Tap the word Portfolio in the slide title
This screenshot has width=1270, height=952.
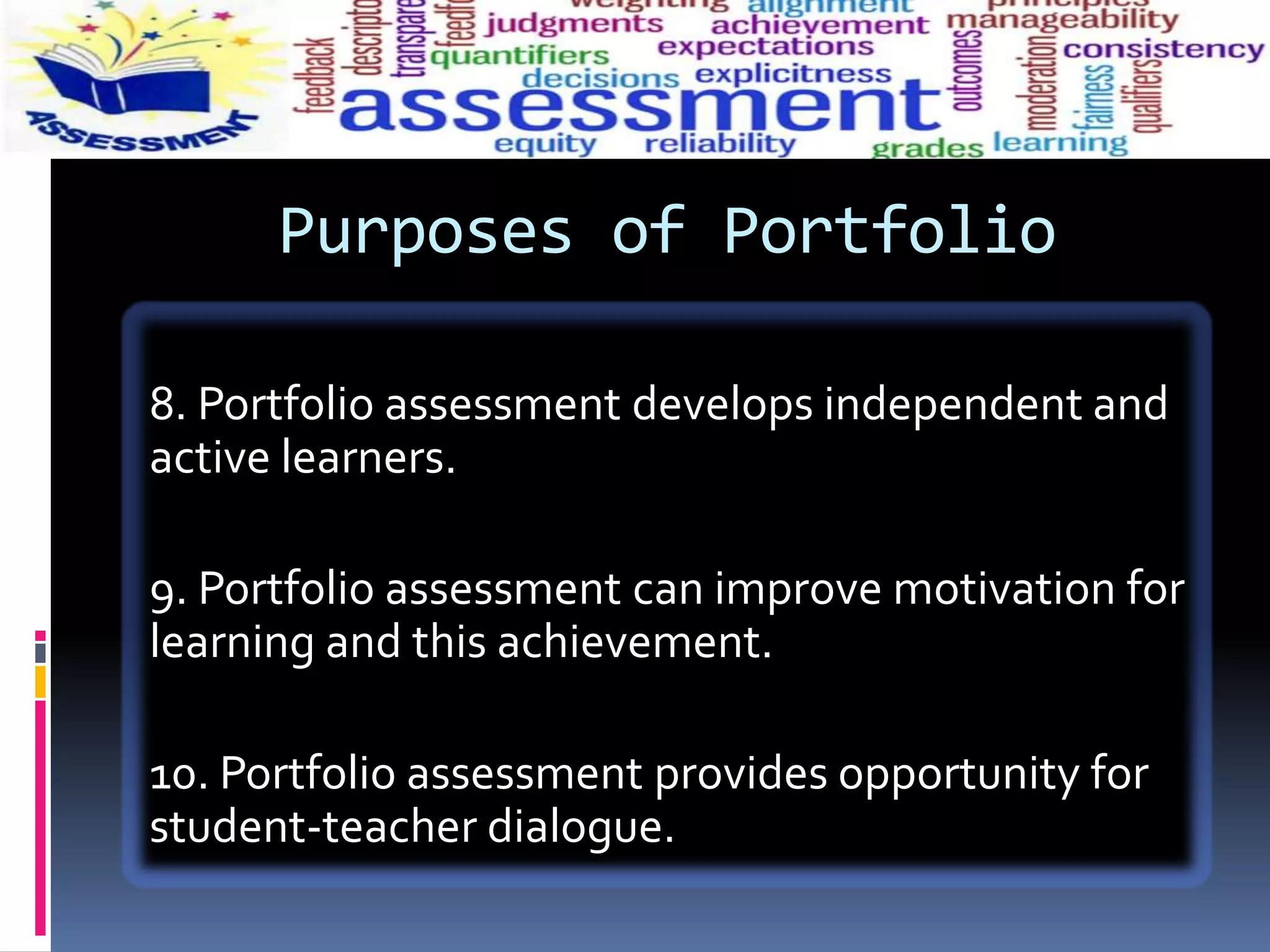click(889, 231)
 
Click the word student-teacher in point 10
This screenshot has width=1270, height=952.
click(313, 827)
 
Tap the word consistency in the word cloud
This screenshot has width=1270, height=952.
click(1163, 50)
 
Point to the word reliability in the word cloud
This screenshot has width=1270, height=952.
click(720, 144)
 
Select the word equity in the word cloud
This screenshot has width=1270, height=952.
click(545, 144)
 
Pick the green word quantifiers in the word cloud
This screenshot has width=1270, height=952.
click(520, 56)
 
